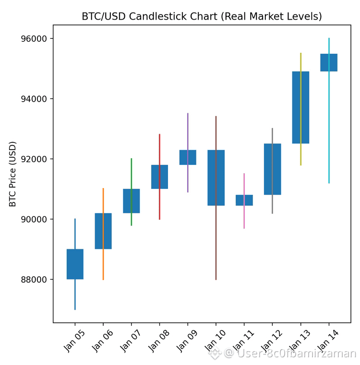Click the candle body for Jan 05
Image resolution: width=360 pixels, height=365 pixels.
[75, 264]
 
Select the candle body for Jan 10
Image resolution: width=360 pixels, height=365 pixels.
[216, 177]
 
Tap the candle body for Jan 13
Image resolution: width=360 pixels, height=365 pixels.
[300, 107]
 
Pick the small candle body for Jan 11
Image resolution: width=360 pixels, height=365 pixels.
[244, 200]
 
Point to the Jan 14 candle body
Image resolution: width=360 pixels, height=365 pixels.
[329, 62]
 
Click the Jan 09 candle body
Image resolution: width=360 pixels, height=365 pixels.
[188, 157]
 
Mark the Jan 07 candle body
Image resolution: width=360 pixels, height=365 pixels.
[131, 200]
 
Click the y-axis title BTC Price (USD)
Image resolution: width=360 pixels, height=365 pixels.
[13, 174]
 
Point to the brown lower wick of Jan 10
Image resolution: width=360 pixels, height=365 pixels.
[216, 245]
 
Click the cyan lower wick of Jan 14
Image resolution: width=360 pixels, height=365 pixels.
[329, 130]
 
